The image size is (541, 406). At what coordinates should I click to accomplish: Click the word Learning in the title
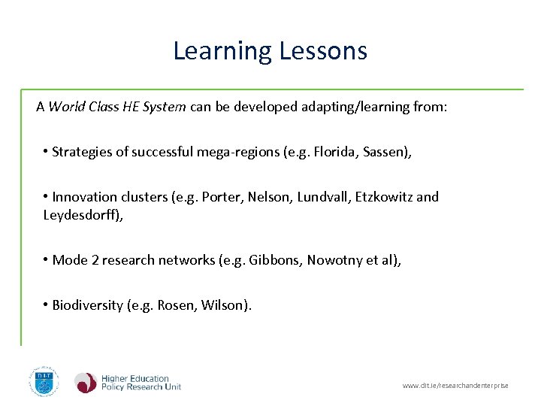[222, 51]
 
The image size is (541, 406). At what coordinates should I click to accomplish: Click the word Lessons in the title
[323, 51]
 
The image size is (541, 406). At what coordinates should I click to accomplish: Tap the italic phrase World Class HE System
[117, 107]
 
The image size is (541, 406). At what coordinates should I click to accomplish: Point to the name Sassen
[386, 152]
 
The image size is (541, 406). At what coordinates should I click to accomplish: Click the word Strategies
[82, 152]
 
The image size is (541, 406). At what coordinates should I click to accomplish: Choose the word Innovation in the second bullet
[84, 197]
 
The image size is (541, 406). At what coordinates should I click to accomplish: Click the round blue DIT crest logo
[44, 382]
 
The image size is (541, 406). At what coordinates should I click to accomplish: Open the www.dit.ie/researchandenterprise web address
[455, 386]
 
